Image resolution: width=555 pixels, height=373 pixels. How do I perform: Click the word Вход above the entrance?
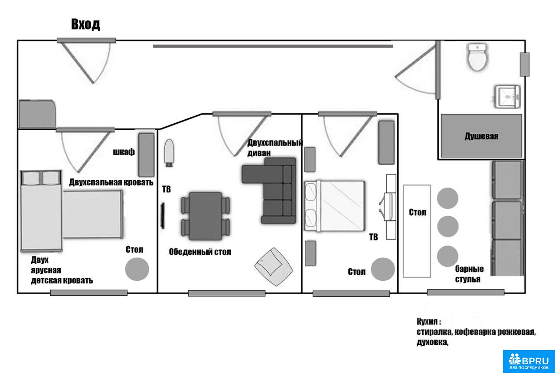tap(86, 24)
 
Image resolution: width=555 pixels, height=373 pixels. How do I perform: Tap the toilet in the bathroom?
tap(477, 57)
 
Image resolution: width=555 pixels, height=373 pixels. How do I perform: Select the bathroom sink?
tap(507, 97)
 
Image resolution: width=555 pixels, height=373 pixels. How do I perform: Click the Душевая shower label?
tap(481, 136)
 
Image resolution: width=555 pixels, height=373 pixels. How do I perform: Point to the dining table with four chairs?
tap(206, 216)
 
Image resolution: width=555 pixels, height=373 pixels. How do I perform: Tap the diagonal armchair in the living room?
tap(274, 266)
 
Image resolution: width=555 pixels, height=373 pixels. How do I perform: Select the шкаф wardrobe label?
tap(124, 152)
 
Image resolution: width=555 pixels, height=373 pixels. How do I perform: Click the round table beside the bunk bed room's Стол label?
tap(137, 269)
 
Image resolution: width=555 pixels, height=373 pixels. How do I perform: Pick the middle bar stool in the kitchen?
tap(448, 226)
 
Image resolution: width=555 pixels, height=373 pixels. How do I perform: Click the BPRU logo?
tap(529, 361)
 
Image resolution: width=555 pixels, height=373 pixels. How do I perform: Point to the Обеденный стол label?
tap(200, 252)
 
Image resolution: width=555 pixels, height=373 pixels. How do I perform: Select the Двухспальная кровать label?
tap(111, 182)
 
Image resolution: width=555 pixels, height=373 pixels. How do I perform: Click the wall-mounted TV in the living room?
tap(163, 216)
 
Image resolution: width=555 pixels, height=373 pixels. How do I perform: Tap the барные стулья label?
tap(469, 274)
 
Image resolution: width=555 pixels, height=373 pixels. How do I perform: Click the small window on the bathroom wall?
tap(525, 65)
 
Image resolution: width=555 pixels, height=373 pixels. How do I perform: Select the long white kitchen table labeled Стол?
tap(417, 231)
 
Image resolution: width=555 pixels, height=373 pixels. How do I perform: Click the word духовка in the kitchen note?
tap(432, 342)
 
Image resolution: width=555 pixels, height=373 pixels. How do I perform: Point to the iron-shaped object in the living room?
tap(169, 153)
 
